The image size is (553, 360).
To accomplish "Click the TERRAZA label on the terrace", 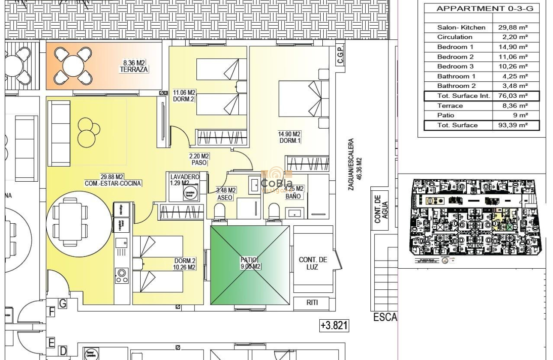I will (134, 69).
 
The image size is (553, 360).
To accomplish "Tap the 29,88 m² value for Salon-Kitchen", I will (513, 27).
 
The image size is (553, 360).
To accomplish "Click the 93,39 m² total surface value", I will (513, 125).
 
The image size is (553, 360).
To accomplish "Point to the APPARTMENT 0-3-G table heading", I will (481, 9).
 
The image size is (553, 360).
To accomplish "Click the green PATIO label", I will (249, 260).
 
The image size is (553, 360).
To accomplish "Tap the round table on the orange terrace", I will (73, 66).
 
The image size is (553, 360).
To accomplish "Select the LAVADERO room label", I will (185, 177).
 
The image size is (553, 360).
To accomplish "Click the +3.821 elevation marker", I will (334, 326).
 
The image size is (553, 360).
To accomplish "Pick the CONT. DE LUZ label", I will (313, 263).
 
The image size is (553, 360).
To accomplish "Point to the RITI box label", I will (312, 303).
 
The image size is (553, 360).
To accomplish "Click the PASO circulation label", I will (199, 162).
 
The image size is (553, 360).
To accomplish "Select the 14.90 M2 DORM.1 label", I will (289, 137).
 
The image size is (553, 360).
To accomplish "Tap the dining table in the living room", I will (69, 222).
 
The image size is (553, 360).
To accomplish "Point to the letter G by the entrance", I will (63, 303).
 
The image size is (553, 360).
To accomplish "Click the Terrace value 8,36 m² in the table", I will (513, 105).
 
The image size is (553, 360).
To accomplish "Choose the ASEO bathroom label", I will (225, 198).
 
